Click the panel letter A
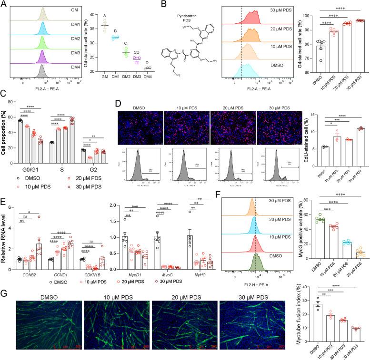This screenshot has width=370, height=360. [4, 4]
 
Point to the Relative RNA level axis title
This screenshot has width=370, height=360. [5, 243]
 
